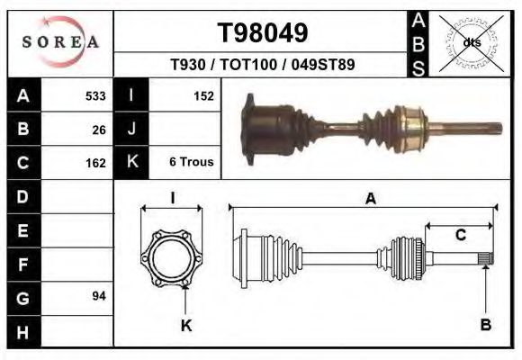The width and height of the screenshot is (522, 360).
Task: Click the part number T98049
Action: [x=263, y=33]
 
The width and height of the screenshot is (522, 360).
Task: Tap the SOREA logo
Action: [x=60, y=41]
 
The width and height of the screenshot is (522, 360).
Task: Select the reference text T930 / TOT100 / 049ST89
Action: [x=262, y=65]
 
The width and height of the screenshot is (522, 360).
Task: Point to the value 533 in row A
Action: [x=95, y=95]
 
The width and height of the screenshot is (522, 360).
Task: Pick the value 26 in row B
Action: [x=99, y=130]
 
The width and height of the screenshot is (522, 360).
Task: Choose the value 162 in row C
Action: [x=95, y=163]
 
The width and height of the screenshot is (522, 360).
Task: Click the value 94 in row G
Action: [x=99, y=296]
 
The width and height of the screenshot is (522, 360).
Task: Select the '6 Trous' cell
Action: [x=191, y=163]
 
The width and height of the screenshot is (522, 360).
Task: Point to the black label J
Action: [x=131, y=130]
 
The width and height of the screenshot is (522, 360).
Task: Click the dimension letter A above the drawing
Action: [x=370, y=200]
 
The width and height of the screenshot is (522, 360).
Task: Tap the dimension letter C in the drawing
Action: [x=460, y=236]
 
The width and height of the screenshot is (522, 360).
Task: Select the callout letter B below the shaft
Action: [x=486, y=325]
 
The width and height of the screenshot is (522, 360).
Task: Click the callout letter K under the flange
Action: [x=186, y=326]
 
